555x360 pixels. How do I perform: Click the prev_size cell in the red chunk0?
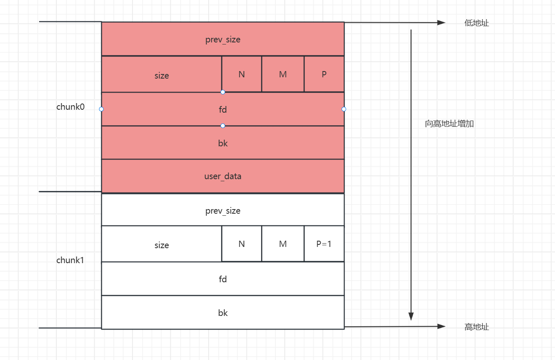(x=223, y=39)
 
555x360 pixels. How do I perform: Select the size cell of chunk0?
(x=161, y=75)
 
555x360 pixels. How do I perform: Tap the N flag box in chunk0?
(x=241, y=74)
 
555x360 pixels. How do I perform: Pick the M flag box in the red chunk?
(x=282, y=74)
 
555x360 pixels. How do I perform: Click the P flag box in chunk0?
(x=324, y=74)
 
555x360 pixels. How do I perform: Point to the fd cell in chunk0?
(x=223, y=109)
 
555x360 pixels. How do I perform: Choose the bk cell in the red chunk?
(x=223, y=143)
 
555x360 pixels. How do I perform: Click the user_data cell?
(x=223, y=176)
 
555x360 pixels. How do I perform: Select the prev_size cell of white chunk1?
(x=223, y=211)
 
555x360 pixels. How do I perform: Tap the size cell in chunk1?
(x=161, y=245)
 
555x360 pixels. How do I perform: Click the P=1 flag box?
(x=324, y=244)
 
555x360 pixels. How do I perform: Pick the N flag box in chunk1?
(x=241, y=244)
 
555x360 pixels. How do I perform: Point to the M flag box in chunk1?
(x=282, y=244)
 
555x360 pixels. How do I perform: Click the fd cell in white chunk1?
(x=223, y=279)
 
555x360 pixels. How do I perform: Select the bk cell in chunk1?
(x=223, y=313)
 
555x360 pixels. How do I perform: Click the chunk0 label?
(x=70, y=107)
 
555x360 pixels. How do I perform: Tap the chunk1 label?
(x=70, y=261)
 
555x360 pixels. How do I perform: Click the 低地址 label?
(x=476, y=23)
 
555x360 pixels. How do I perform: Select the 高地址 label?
(x=476, y=327)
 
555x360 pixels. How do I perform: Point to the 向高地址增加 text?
(x=449, y=124)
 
